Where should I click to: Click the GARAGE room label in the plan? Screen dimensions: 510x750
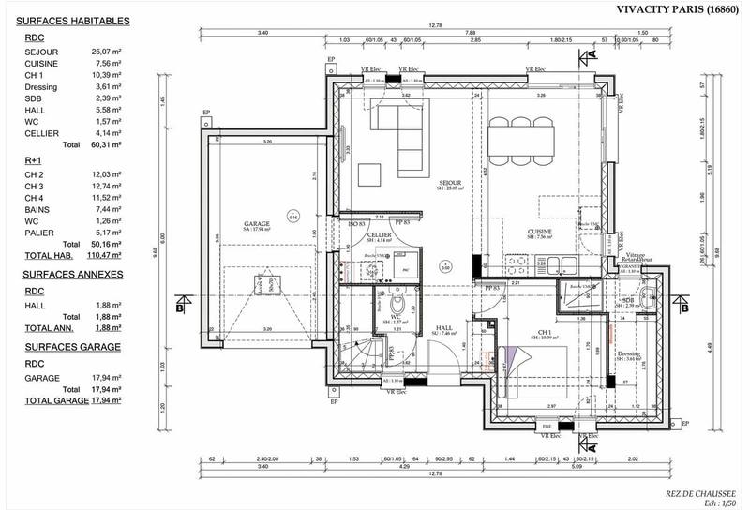click(x=257, y=224)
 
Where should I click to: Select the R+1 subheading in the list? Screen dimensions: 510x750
click(x=33, y=161)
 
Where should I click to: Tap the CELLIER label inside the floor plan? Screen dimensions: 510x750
click(x=379, y=235)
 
